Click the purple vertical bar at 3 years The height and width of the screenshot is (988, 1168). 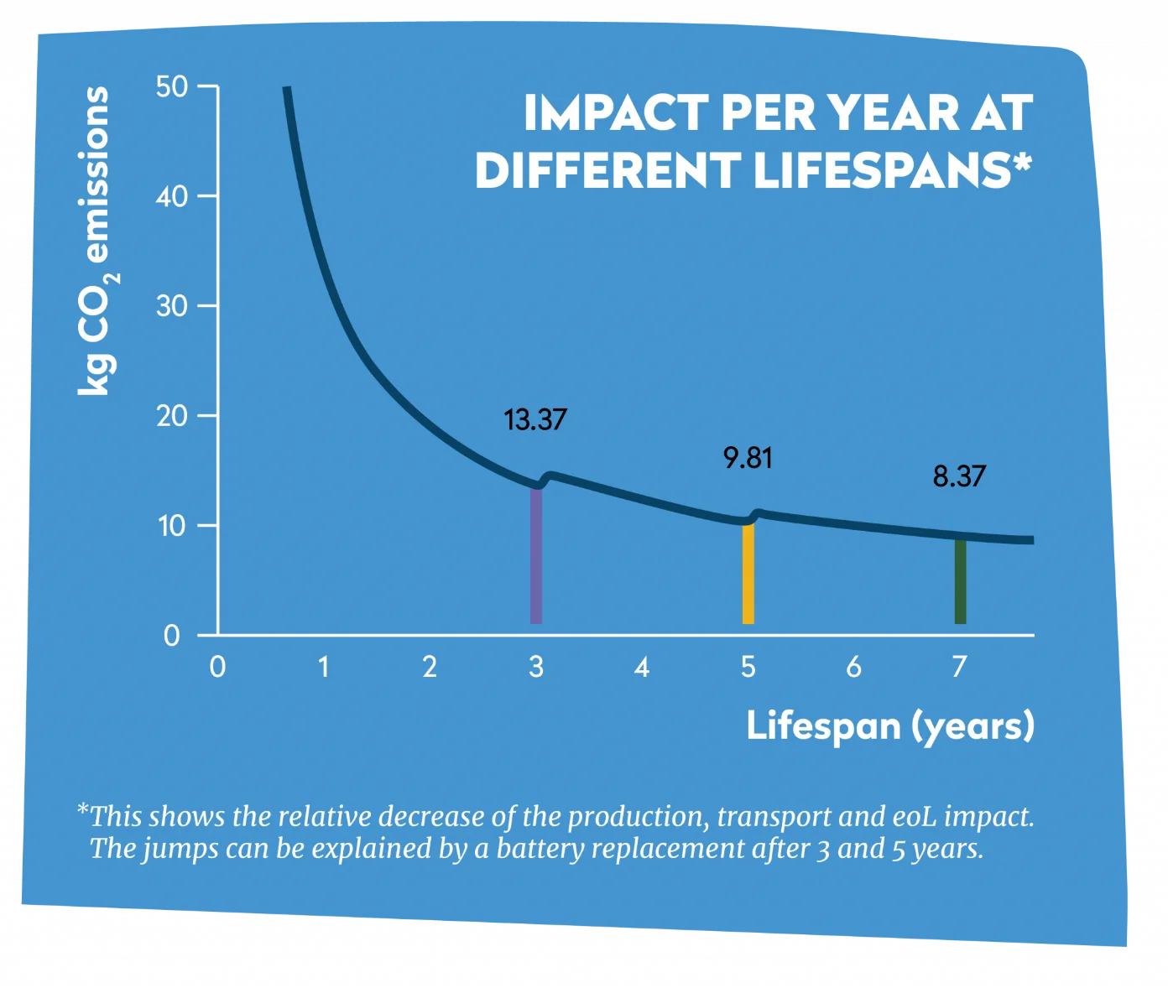pos(536,555)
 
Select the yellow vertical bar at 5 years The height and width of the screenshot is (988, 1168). pos(748,574)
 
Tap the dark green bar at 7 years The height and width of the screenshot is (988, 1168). pos(961,581)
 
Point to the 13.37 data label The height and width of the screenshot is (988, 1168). pos(535,419)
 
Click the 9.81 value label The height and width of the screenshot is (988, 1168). pos(748,458)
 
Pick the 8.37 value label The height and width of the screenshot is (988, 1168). pos(959,476)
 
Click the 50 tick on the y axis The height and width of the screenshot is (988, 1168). pos(172,86)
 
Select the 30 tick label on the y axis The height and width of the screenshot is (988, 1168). pos(172,306)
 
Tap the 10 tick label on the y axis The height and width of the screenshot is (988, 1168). pos(172,526)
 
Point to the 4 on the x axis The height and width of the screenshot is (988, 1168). pos(642,668)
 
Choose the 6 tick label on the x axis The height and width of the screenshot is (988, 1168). pos(854,668)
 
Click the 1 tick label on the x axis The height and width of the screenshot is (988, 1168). pos(324,668)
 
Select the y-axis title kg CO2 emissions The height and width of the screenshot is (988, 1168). pos(96,241)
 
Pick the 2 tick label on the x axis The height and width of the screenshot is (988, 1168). pos(430,668)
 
